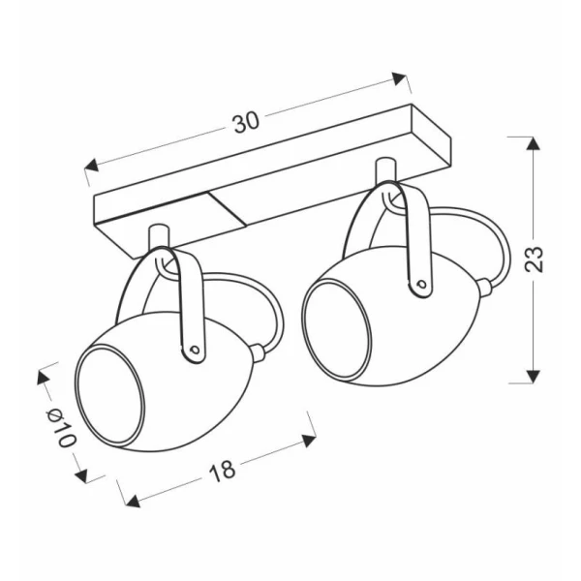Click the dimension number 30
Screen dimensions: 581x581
coord(246,122)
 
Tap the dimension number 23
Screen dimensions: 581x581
coord(535,259)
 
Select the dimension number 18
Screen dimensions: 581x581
coord(222,472)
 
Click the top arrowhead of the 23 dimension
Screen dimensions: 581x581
coord(533,143)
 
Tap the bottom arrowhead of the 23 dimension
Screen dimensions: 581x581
coord(533,376)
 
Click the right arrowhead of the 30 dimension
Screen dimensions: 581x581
coord(399,78)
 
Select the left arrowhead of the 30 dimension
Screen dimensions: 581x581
coord(92,166)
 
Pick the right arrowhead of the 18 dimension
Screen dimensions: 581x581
coord(309,441)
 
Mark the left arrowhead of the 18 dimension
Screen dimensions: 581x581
coord(133,501)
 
